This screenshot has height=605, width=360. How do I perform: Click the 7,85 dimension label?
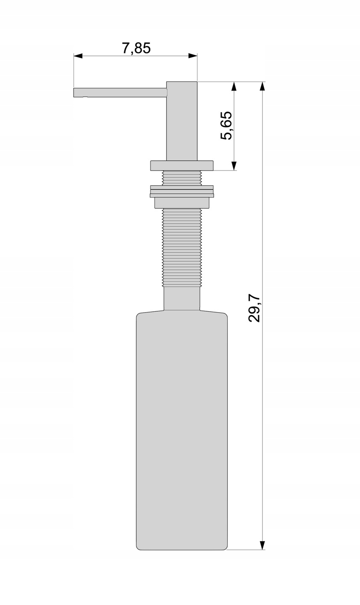(137, 48)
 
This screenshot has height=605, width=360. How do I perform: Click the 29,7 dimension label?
(254, 308)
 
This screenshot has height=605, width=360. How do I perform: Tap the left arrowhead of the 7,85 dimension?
(78, 56)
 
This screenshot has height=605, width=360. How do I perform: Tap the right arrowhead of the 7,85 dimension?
(193, 56)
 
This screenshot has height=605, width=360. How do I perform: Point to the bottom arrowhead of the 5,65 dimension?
(234, 166)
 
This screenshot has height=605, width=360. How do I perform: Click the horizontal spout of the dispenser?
(120, 92)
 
